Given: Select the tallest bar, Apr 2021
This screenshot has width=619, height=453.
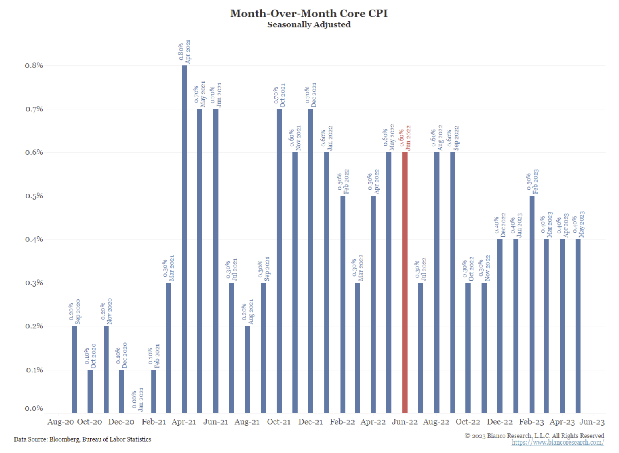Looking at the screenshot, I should [184, 239].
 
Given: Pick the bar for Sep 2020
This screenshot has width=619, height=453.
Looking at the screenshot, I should [75, 369].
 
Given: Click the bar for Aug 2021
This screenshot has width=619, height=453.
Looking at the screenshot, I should [248, 369].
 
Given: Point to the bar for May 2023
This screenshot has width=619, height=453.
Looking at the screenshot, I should [578, 326].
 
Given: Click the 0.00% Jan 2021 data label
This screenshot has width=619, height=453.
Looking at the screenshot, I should [138, 399].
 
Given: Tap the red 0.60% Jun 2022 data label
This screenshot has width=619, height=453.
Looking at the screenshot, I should [405, 138].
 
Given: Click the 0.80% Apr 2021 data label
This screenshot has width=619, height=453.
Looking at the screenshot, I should [184, 52].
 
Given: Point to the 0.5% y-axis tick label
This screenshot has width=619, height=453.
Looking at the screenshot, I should [34, 196].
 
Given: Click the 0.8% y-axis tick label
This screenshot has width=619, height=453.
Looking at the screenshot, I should [34, 65].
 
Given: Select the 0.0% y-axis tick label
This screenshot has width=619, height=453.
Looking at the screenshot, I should [34, 408].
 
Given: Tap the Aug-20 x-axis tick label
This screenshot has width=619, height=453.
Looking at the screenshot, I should [61, 422].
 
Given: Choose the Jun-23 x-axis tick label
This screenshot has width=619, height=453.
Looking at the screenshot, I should [592, 422].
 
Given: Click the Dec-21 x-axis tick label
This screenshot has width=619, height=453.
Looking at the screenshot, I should [311, 422].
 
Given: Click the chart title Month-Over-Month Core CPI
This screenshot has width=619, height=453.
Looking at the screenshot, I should [309, 13].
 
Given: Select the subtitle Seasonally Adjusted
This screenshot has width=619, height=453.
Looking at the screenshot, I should [309, 24].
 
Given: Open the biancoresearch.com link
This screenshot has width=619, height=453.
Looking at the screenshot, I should [558, 442].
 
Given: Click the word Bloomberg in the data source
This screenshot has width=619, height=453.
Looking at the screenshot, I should [64, 439].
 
